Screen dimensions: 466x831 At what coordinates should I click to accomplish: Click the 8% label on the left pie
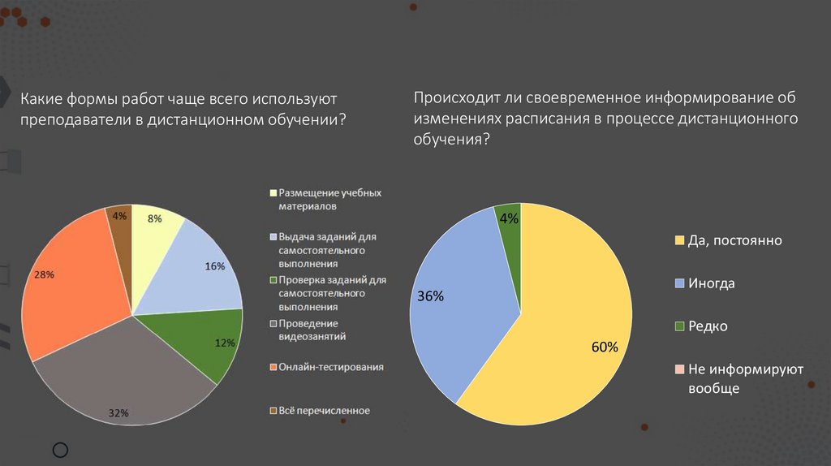154,218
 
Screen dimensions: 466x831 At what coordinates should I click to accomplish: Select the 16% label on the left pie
215,265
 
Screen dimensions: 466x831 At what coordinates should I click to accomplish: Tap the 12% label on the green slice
225,343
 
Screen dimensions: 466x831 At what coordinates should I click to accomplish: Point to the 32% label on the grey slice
119,413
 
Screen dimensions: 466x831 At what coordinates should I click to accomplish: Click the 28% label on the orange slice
44,275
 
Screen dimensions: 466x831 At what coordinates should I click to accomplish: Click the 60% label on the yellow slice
605,347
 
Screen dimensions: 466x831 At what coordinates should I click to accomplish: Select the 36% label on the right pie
430,296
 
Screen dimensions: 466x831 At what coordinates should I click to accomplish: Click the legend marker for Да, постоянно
679,241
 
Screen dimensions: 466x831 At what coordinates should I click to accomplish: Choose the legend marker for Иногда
679,284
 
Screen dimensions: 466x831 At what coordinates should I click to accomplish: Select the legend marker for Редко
679,327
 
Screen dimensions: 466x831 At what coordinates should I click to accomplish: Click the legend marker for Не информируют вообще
679,370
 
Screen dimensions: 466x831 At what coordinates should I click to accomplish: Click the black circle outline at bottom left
60,450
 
